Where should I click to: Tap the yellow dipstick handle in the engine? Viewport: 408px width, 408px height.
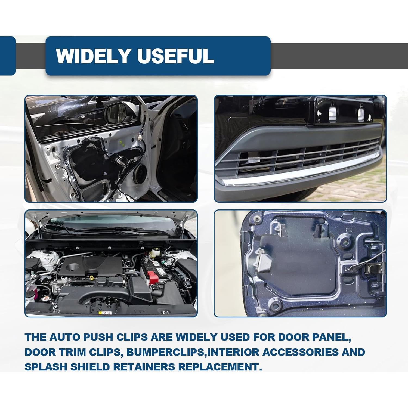tap(93, 278)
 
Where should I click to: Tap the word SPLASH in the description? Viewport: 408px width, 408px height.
tap(45, 367)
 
